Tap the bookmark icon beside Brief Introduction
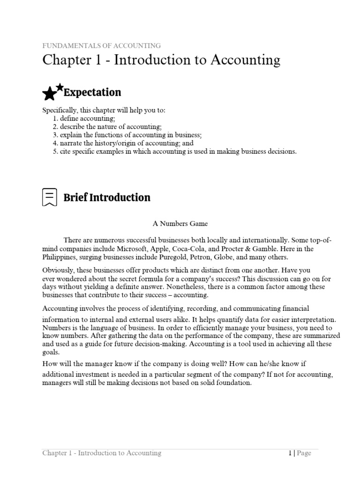point(49,197)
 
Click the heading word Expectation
point(92,92)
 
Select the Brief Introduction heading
point(107,197)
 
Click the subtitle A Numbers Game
point(180,224)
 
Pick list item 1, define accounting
point(88,119)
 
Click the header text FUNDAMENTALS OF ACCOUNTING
point(102,46)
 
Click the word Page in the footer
point(304,453)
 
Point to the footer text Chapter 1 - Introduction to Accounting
point(102,453)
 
